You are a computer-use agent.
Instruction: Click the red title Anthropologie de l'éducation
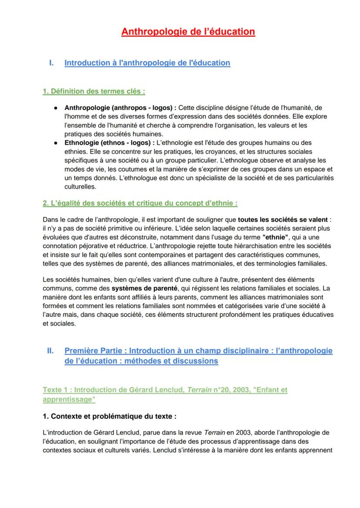coord(188,32)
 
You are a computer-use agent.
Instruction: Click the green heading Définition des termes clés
coord(93,91)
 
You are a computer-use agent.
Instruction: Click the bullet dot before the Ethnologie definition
coord(57,143)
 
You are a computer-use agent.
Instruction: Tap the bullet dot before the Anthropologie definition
coord(57,107)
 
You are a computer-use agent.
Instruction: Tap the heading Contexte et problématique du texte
coord(110,416)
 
